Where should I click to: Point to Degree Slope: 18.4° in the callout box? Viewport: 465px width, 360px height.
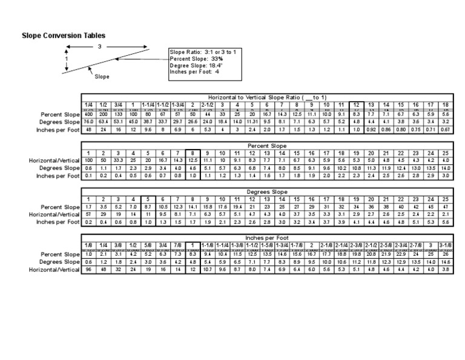tap(196, 65)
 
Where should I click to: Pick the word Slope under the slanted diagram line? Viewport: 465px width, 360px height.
tap(102, 77)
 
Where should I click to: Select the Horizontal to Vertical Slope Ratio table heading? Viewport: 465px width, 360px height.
tap(267, 98)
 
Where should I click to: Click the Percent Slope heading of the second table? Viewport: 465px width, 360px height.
tap(267, 146)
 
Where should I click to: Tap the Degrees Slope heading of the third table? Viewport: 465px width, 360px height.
tap(267, 192)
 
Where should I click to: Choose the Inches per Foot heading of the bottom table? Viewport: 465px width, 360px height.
tap(267, 238)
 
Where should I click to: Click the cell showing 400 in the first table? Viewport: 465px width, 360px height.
tap(89, 114)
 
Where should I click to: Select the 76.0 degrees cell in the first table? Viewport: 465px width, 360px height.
tap(89, 121)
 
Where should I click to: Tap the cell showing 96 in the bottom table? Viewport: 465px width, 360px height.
tap(89, 269)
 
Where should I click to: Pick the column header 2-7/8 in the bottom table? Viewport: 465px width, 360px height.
tap(415, 245)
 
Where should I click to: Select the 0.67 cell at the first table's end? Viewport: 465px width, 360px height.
tap(445, 129)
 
